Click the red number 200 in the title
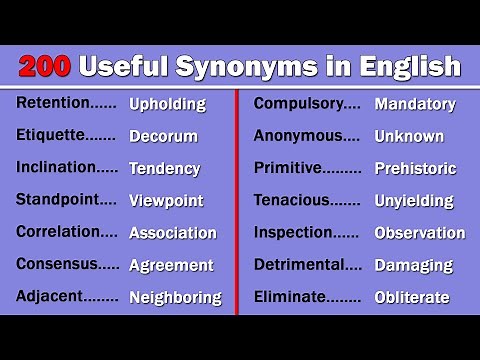pos(45,67)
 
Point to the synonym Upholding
pos(167,104)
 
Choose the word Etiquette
pos(50,135)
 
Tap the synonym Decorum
pos(163,136)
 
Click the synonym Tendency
pos(164,168)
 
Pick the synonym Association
pos(172,233)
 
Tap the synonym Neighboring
pos(175,297)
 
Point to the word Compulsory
pos(298,103)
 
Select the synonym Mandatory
pos(414,103)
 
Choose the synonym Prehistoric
pos(415,168)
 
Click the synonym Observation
pos(419,233)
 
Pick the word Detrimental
pos(297,264)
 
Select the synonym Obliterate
pos(411,297)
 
